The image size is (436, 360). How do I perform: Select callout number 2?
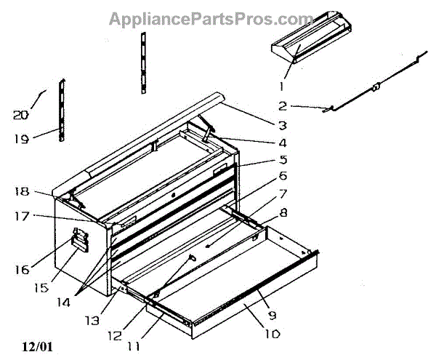click(x=282, y=105)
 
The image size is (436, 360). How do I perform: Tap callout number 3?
click(x=281, y=125)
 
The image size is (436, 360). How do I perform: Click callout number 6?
click(x=282, y=175)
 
